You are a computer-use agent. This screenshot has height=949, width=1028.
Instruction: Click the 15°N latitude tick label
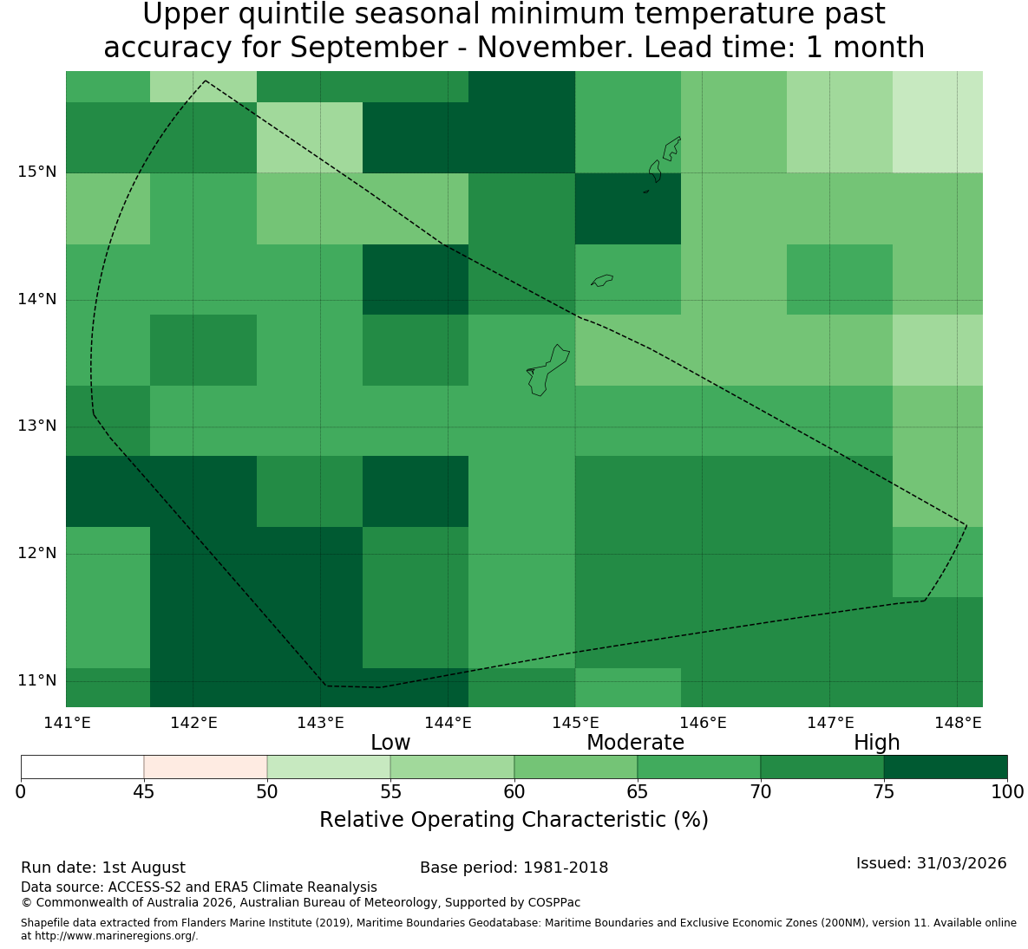pos(36,172)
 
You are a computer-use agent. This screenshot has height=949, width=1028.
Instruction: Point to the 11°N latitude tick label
pos(36,680)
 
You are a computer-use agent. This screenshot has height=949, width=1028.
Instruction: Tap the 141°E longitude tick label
pos(67,723)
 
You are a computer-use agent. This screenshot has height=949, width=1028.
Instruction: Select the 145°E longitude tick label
pos(576,723)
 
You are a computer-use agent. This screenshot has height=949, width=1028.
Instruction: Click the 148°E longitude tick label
pos(958,723)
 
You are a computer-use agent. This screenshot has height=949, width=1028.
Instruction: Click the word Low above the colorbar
pos(390,743)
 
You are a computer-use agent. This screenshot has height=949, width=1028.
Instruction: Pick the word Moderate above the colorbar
pos(635,743)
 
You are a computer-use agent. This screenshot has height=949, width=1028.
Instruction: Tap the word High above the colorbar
pos(876,743)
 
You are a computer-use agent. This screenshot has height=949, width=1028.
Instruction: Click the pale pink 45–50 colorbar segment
pos(206,767)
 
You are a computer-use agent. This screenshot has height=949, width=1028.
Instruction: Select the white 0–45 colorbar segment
pos(82,767)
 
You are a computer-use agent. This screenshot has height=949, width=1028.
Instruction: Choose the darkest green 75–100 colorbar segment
pos(946,767)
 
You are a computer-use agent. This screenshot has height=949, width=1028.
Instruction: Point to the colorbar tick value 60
pos(514,792)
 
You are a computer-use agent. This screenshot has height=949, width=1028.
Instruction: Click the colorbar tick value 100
pos(1007,792)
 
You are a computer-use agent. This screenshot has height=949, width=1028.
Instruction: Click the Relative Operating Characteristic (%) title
pos(514,820)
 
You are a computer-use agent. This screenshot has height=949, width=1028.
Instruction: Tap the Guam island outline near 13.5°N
pos(547,370)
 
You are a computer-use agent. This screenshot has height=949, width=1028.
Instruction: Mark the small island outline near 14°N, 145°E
pos(602,280)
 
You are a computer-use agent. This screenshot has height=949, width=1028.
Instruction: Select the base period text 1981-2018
pos(566,868)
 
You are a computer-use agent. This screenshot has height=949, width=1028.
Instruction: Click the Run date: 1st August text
pos(103,868)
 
